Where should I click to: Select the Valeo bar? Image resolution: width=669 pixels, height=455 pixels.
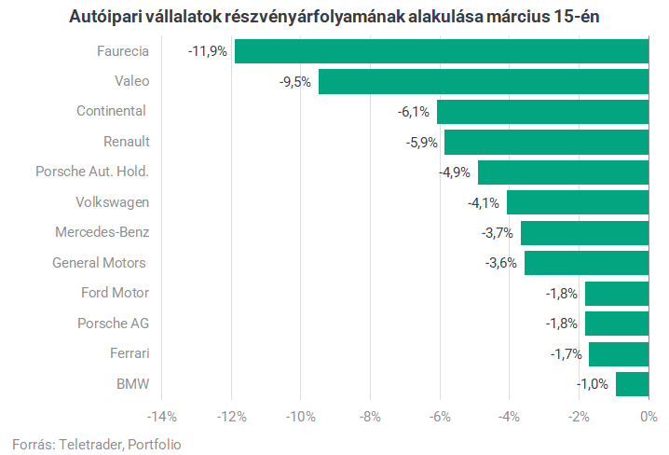pos(483,81)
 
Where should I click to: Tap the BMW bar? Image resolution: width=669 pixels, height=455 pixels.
pos(632,384)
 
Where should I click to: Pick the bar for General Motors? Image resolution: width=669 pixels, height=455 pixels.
pos(586,263)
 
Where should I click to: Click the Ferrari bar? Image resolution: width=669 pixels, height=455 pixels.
pos(618,354)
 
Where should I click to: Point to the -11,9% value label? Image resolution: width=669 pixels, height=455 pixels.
pos(207,51)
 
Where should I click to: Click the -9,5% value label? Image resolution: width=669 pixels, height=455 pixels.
pos(294,82)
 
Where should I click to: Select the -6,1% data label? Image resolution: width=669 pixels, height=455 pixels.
pos(413,112)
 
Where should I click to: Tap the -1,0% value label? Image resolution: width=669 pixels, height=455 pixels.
pos(592,384)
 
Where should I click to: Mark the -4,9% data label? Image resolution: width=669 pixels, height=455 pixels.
pos(454,172)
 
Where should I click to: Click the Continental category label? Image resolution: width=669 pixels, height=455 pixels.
pos(111,111)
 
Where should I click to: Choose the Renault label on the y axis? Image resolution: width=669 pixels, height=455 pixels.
pos(126,142)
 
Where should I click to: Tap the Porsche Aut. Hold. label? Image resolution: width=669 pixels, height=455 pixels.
pos(91,172)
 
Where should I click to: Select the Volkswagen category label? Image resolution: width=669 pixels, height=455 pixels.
pos(112,202)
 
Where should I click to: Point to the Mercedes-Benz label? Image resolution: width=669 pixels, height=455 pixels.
pos(102,232)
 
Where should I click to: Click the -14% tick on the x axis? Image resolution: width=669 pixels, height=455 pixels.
pos(161,416)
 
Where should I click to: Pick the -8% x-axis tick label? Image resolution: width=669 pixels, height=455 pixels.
pos(370,416)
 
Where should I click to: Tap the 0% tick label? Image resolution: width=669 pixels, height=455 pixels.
pos(649,416)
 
